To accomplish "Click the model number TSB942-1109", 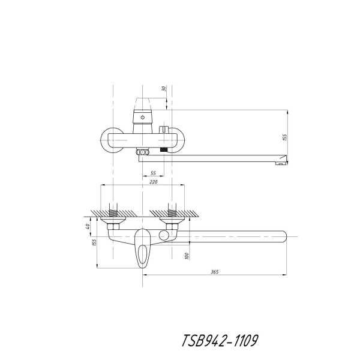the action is [x=220, y=340].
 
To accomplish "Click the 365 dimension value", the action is [x=215, y=272].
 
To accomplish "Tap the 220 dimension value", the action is [x=154, y=182].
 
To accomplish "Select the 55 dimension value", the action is [x=153, y=173].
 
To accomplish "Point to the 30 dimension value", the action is [x=164, y=88].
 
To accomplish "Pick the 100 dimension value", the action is [x=187, y=256].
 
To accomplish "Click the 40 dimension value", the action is [x=88, y=226].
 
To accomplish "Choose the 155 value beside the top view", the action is [x=284, y=137].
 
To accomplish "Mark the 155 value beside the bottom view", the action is [x=94, y=242].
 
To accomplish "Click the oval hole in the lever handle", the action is [x=143, y=254].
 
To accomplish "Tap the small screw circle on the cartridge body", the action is [x=143, y=118].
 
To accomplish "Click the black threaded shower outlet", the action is [x=163, y=149].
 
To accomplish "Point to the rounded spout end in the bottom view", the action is [x=284, y=236].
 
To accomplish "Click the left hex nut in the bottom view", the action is [x=113, y=227].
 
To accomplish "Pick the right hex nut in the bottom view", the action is [x=172, y=227].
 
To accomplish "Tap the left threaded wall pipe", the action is [x=113, y=210].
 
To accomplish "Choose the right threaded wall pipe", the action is [x=172, y=210].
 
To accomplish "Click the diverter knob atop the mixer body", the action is [x=164, y=130].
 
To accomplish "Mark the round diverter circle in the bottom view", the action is [x=163, y=236].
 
